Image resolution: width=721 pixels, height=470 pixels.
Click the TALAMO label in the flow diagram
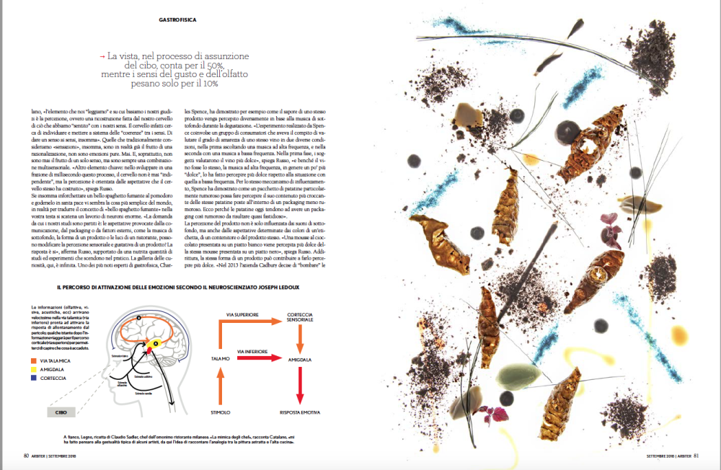click(x=221, y=358)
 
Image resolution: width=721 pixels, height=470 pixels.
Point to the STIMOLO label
click(x=221, y=412)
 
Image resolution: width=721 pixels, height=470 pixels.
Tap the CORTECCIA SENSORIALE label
click(x=300, y=318)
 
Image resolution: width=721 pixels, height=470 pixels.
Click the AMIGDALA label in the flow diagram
click(x=300, y=358)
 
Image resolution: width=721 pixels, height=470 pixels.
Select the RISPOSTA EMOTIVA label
click(x=300, y=412)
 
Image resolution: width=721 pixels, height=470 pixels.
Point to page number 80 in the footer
click(x=25, y=456)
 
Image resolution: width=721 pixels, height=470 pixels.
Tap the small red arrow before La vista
click(x=102, y=56)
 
